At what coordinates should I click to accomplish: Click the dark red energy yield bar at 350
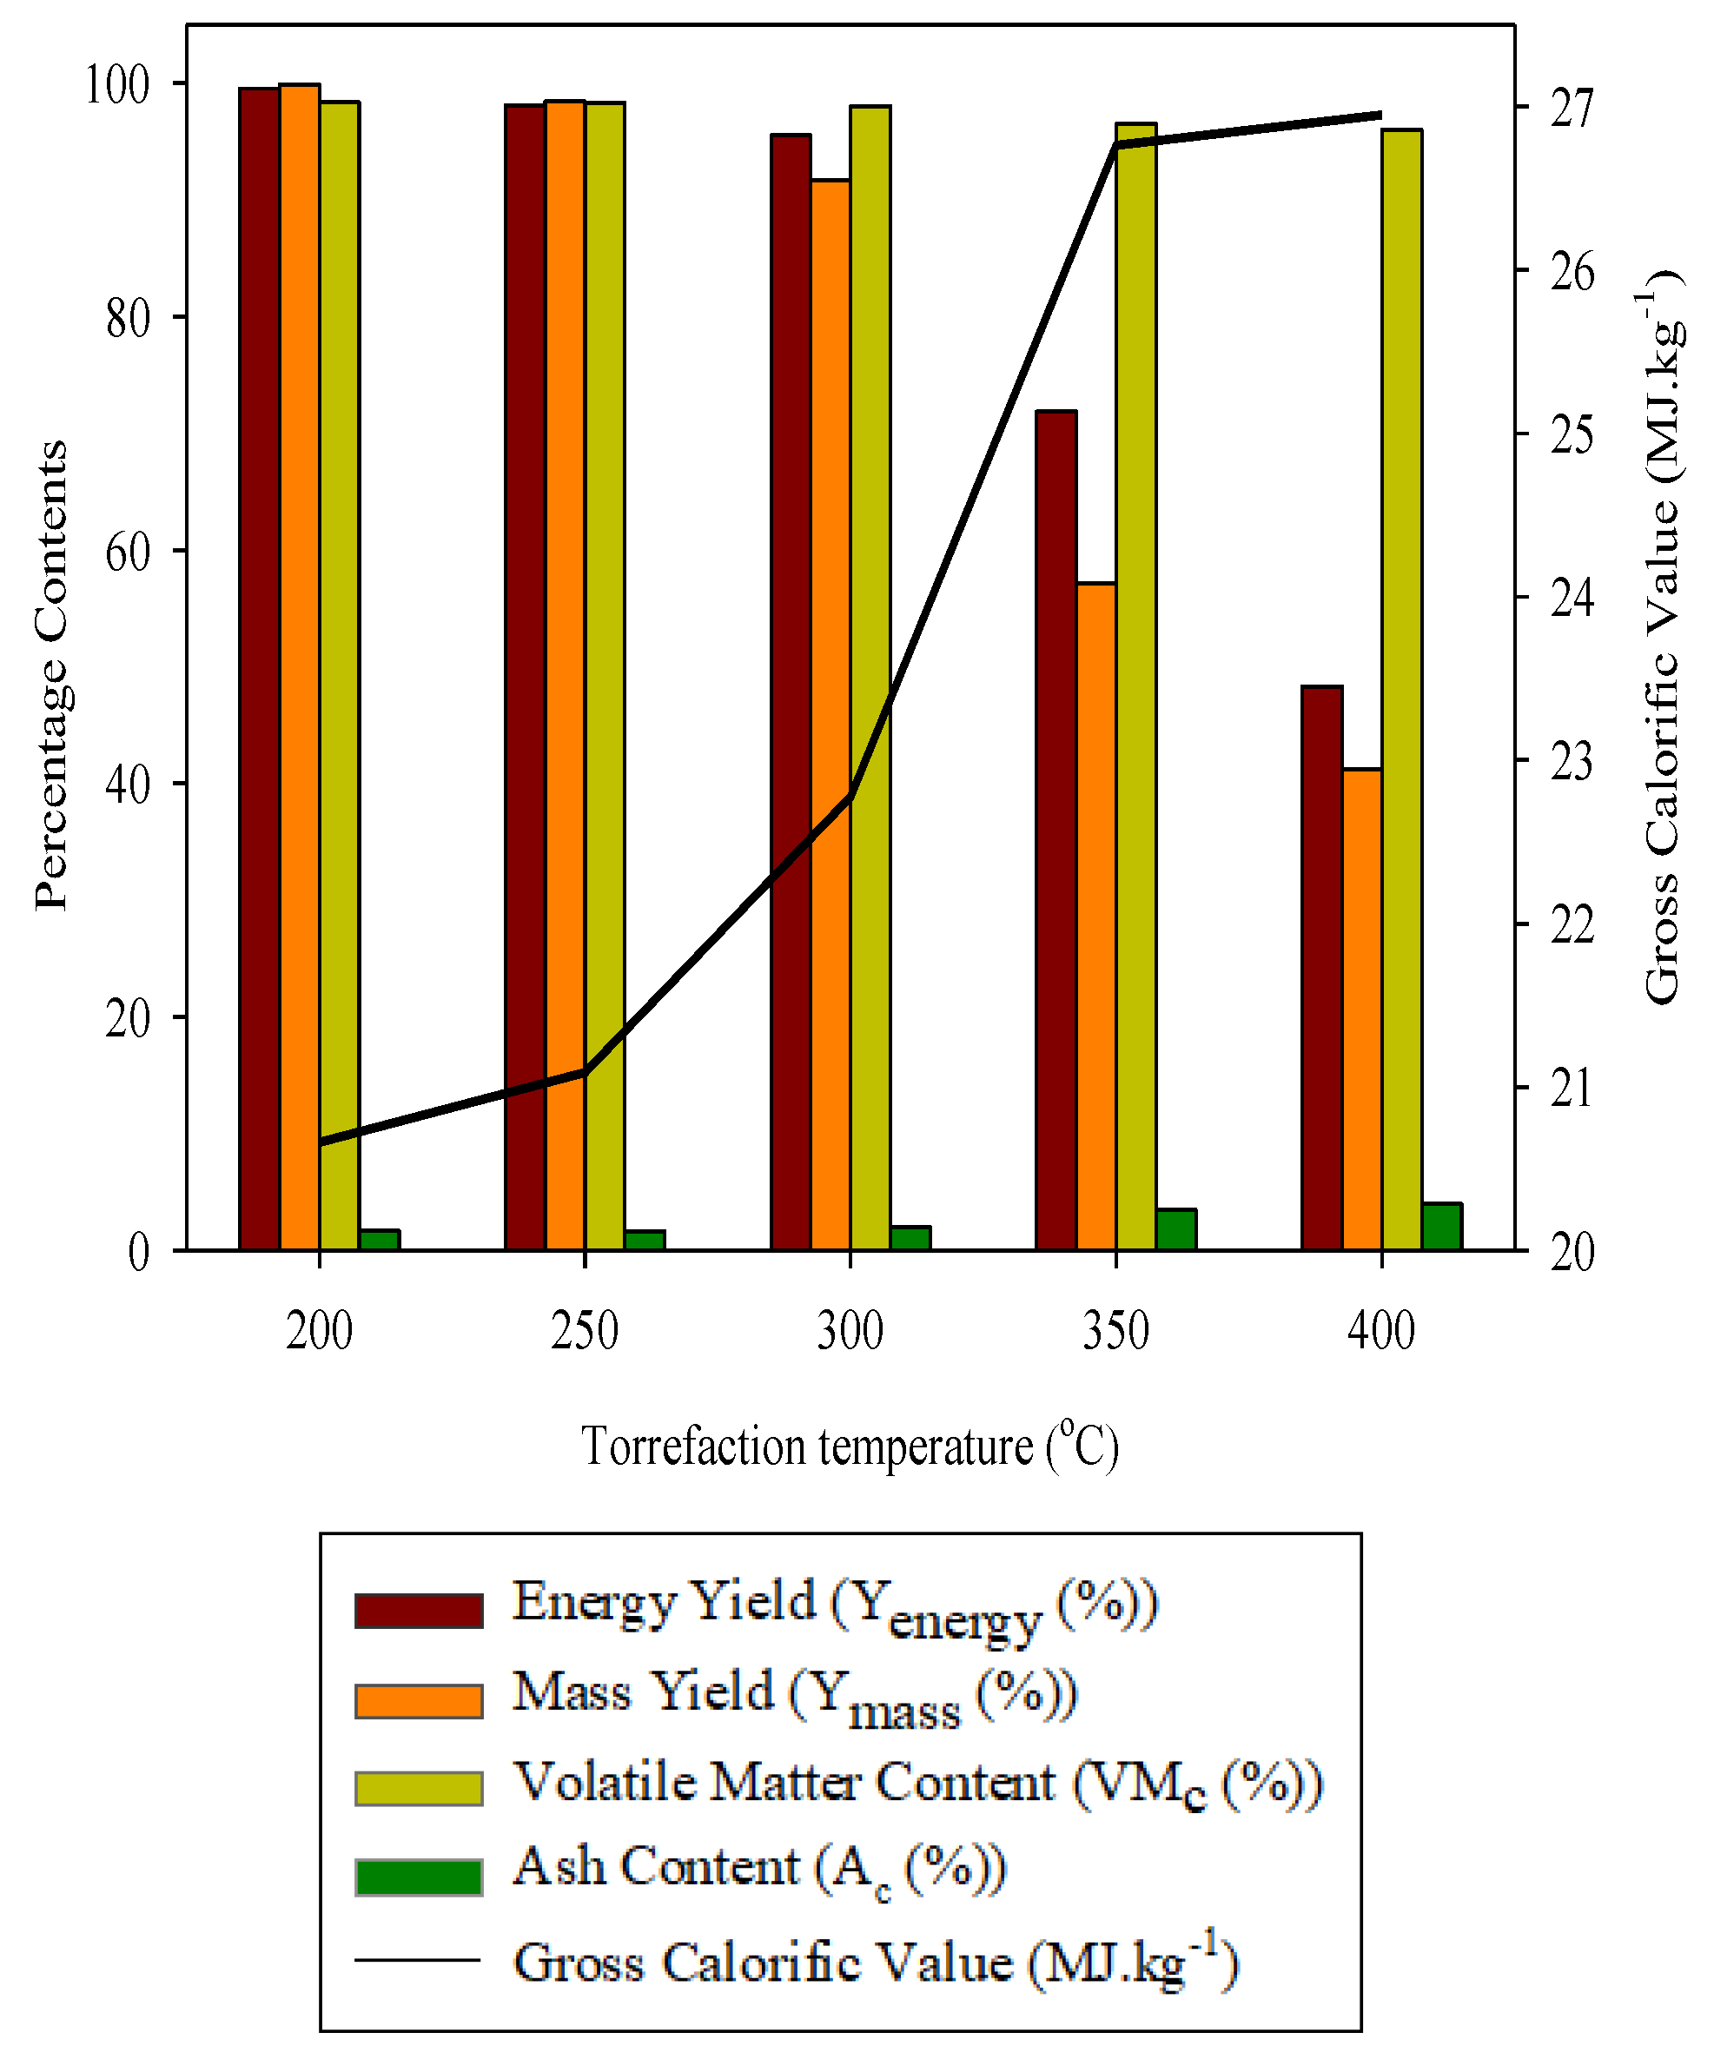click(x=1056, y=830)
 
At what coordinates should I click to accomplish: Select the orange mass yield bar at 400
click(x=1361, y=1009)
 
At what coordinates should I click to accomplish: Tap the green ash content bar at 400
click(x=1441, y=1226)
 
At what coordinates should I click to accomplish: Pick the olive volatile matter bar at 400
click(x=1401, y=689)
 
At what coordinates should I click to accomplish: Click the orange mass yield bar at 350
click(x=1096, y=916)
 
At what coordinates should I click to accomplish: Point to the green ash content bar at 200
click(x=380, y=1240)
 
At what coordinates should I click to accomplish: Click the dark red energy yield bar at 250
click(x=525, y=677)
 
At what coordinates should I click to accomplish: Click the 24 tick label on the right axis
click(x=1572, y=598)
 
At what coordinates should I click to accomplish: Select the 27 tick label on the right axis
click(x=1572, y=108)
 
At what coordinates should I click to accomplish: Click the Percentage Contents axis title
click(x=51, y=677)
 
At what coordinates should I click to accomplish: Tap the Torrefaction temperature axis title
click(x=849, y=1447)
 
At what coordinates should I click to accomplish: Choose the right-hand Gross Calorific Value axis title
click(x=1663, y=638)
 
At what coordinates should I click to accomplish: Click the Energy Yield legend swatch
click(x=419, y=1610)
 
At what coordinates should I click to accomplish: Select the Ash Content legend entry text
click(x=760, y=1867)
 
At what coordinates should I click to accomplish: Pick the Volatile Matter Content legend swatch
click(x=419, y=1789)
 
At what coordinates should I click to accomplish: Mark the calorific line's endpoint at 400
click(x=1380, y=115)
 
